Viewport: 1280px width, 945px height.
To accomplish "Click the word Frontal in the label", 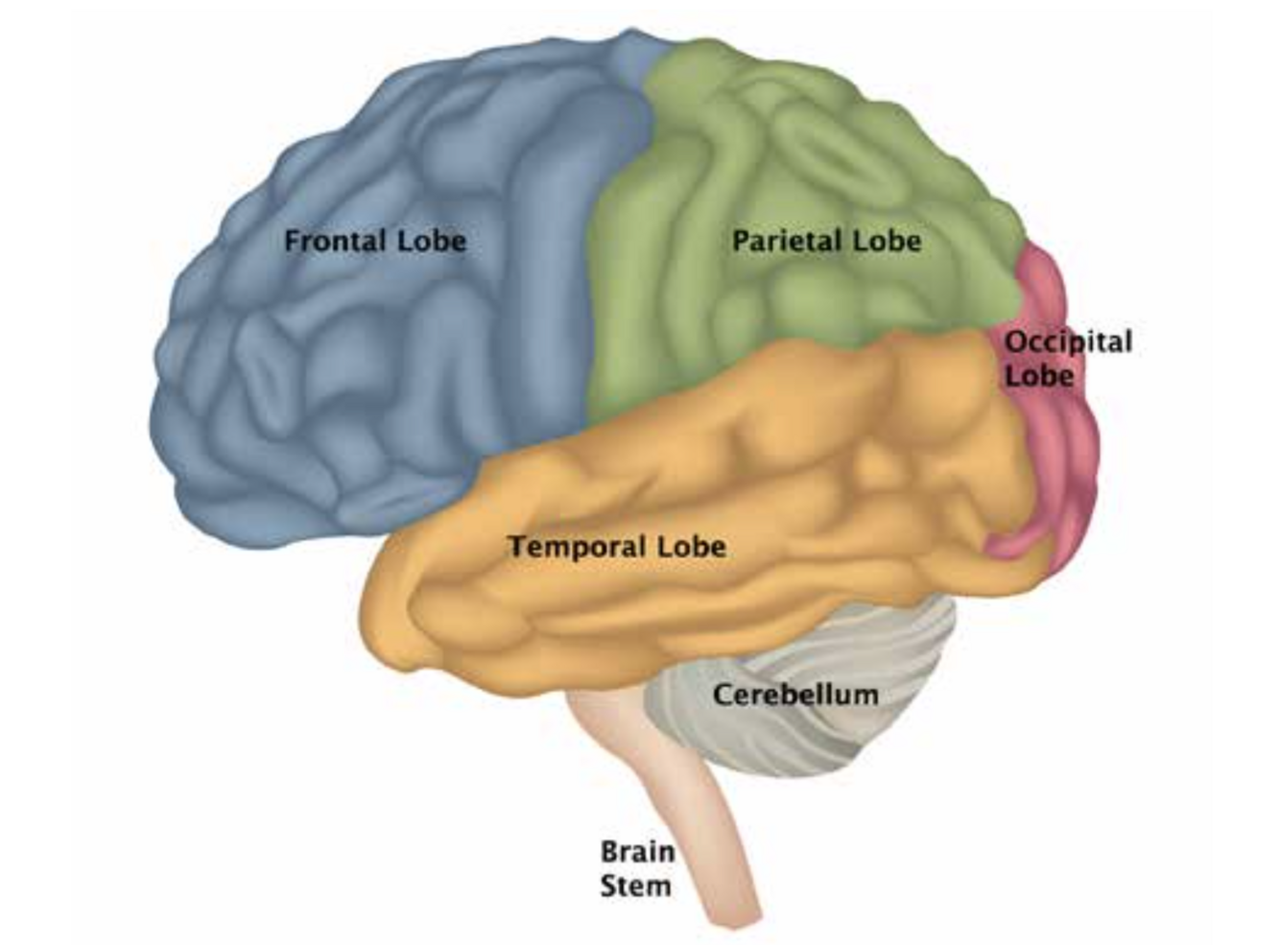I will [334, 240].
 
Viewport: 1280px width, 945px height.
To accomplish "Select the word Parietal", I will [786, 240].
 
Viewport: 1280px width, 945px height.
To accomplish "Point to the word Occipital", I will [1067, 342].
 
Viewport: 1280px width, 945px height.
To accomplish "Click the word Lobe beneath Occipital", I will [1038, 375].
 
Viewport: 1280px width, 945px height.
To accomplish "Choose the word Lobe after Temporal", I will [690, 547].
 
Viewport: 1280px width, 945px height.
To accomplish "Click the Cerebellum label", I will [794, 694].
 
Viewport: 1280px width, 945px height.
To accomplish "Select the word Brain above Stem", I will [637, 851].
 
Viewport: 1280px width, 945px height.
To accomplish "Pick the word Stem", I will [635, 885].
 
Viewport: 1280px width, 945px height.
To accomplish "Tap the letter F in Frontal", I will [292, 240].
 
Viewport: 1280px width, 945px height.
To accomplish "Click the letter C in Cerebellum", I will [722, 694].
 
